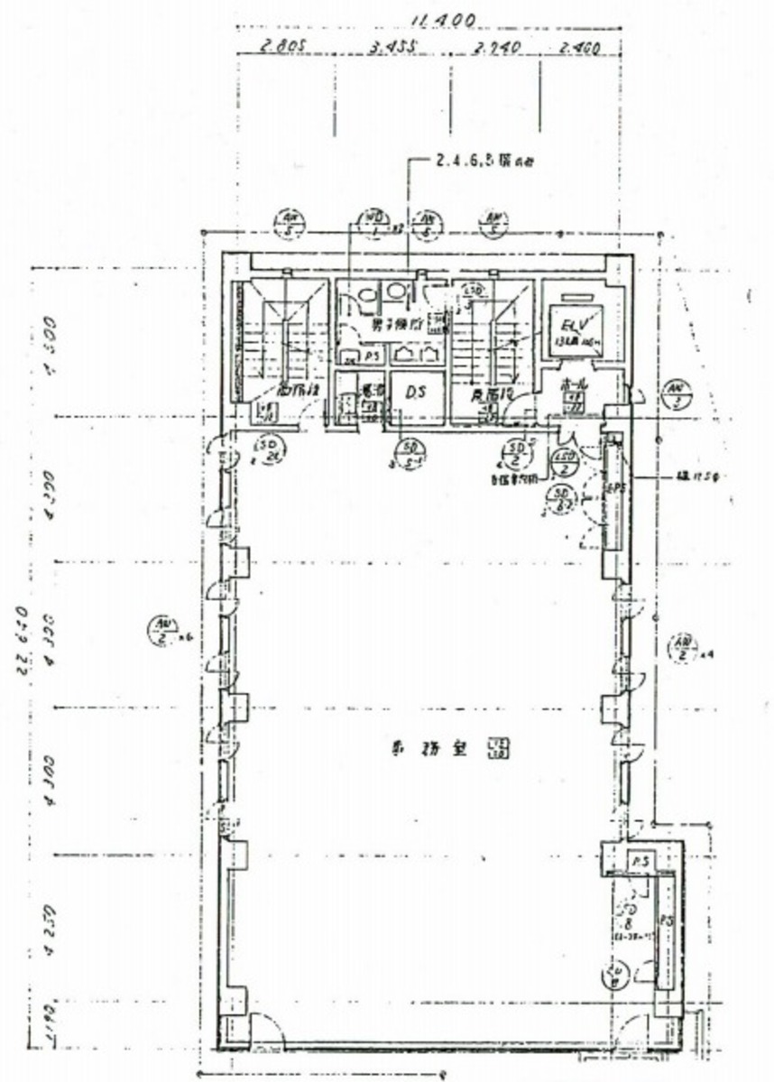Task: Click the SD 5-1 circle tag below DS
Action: (x=411, y=452)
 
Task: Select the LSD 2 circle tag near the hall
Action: (x=564, y=462)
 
